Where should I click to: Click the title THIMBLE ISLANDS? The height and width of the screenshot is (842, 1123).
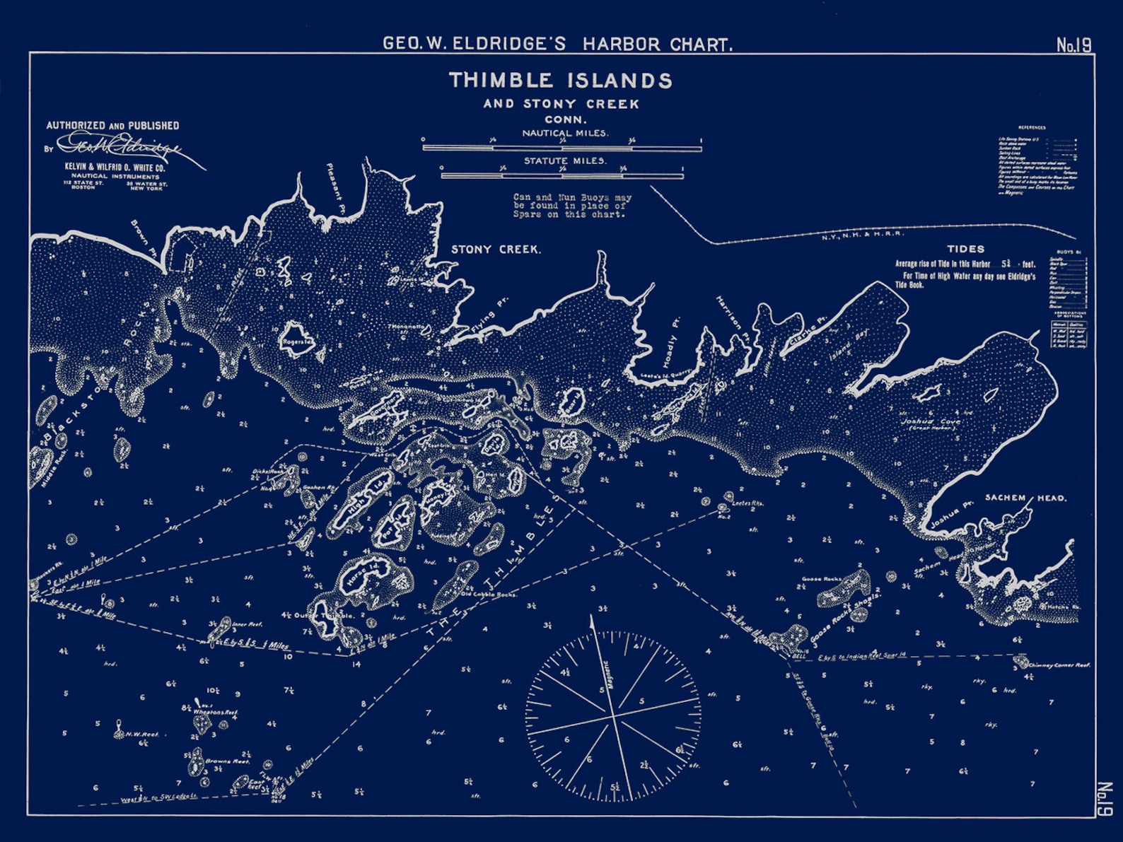tap(560, 80)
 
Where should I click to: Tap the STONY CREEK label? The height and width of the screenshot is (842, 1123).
tap(496, 250)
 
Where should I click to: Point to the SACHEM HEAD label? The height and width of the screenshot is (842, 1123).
tap(1026, 498)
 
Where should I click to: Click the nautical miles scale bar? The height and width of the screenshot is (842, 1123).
tap(561, 148)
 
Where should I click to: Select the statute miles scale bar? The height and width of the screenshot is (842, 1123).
tap(562, 175)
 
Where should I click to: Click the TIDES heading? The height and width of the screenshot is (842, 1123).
tap(965, 249)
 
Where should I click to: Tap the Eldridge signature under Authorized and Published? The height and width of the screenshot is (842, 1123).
tap(120, 147)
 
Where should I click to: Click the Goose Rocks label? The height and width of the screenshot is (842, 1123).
tap(821, 579)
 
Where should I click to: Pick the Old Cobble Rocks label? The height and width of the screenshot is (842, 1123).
tap(488, 595)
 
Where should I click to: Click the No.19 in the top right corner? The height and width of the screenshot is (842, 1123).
tap(1073, 45)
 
